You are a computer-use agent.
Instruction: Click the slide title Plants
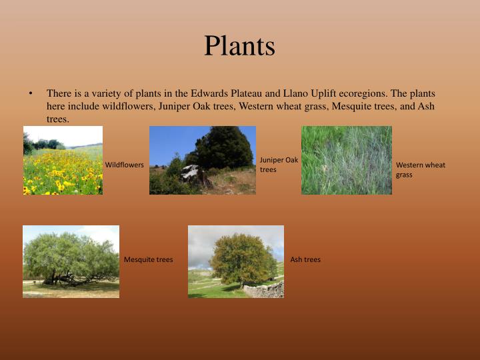(239, 46)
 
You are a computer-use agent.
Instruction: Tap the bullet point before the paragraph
(31, 94)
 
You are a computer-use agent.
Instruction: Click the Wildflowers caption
(124, 165)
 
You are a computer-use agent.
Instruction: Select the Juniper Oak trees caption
(279, 165)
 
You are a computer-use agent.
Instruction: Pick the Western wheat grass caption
(420, 169)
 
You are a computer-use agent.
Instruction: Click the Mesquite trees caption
(148, 259)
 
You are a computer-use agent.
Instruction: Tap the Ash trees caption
(305, 259)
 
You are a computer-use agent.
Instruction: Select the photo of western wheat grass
(346, 161)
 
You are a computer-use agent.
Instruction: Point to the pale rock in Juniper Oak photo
(191, 172)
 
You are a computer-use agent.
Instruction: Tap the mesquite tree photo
(71, 261)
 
